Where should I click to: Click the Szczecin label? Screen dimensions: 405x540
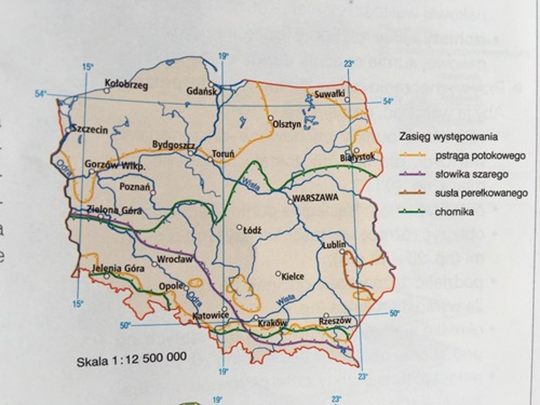(90, 130)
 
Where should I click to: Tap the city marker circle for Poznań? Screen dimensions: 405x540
(153, 193)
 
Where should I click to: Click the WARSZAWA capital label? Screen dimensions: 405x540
(315, 198)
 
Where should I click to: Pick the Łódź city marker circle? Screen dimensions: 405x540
(239, 227)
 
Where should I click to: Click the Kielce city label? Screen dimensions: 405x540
(292, 277)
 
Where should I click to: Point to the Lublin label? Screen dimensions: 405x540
(334, 244)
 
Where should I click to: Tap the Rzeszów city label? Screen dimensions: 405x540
(335, 321)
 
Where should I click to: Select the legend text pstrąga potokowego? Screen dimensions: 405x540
(480, 156)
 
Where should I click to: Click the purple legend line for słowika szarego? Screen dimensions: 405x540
(412, 174)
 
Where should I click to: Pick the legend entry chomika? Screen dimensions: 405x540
(454, 212)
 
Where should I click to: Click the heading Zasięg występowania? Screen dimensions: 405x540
(448, 136)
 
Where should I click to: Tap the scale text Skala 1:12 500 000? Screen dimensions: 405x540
(132, 359)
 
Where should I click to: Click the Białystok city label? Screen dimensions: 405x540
(357, 157)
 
